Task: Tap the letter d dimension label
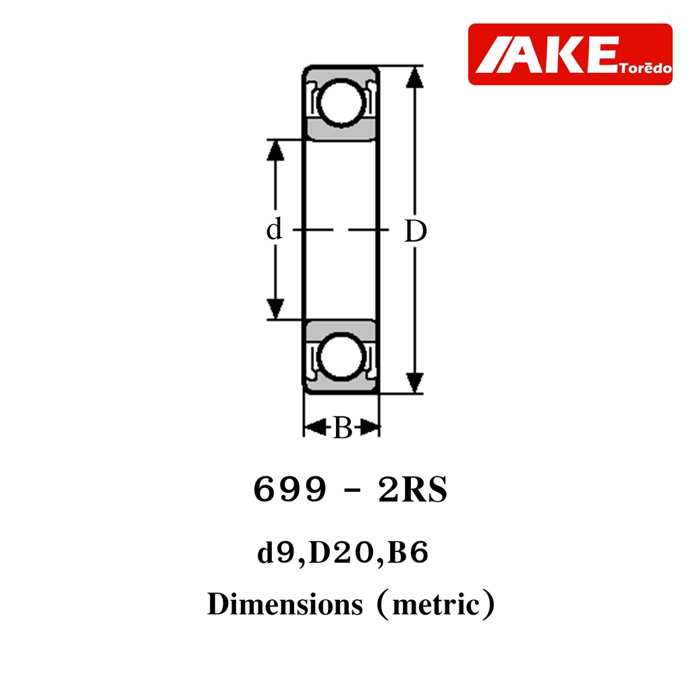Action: click(x=274, y=229)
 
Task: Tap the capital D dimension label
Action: click(x=416, y=231)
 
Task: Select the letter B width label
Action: click(x=342, y=427)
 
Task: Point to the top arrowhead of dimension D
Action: click(x=415, y=77)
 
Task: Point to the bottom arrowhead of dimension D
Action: click(x=415, y=383)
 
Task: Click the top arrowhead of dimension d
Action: click(x=275, y=150)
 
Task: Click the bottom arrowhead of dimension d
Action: click(x=275, y=308)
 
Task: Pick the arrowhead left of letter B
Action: click(x=314, y=427)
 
